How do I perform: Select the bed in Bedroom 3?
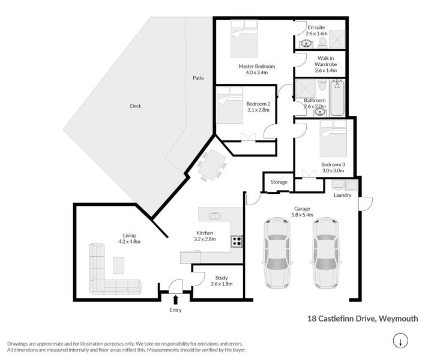(334, 138)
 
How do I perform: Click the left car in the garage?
(277, 251)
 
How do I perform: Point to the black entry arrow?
(175, 299)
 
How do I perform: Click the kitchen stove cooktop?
(237, 242)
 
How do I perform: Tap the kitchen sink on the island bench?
(215, 214)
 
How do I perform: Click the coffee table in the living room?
(119, 265)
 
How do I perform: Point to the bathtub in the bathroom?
(337, 99)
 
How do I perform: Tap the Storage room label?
(279, 182)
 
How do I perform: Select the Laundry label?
(342, 195)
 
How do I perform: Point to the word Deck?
(136, 106)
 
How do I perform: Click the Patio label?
(197, 78)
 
